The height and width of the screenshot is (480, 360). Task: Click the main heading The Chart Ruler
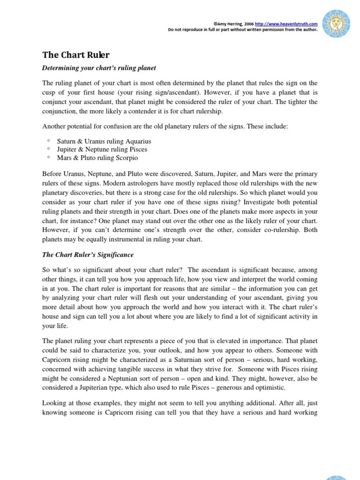(x=76, y=55)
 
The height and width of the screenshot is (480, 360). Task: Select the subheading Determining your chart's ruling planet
(x=99, y=68)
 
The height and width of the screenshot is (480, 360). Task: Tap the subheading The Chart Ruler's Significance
(x=88, y=255)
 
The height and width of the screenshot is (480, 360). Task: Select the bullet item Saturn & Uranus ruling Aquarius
(x=104, y=141)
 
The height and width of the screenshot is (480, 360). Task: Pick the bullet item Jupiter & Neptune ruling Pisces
(x=102, y=149)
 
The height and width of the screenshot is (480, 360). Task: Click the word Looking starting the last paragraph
(x=55, y=402)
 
